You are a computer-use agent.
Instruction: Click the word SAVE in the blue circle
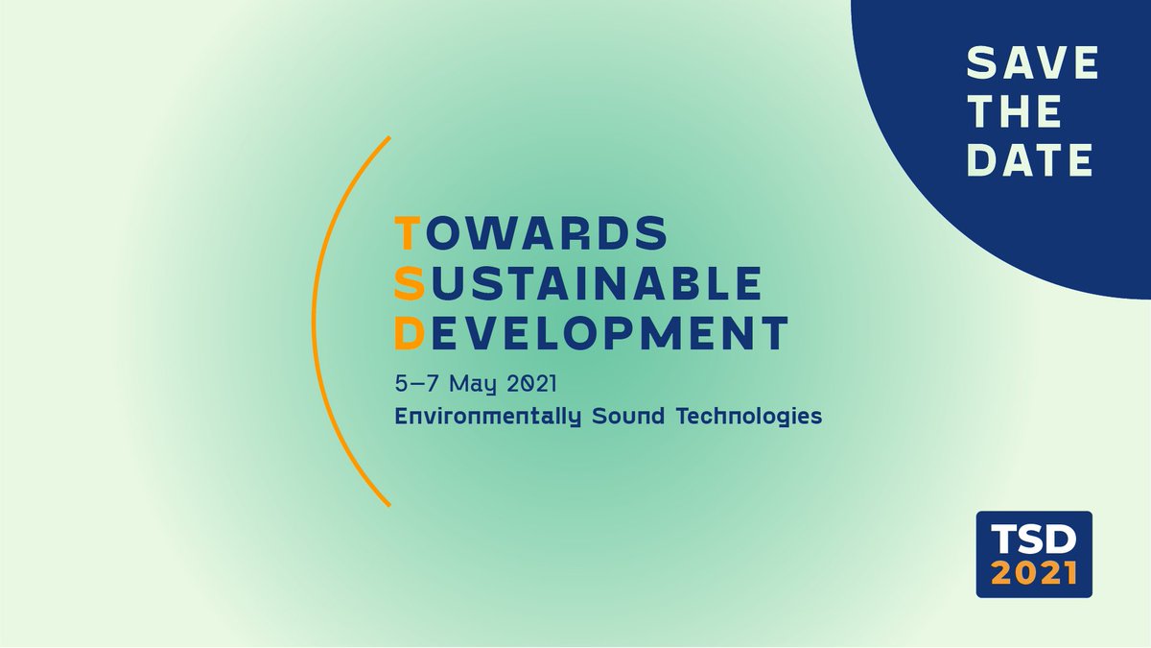point(1031,63)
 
